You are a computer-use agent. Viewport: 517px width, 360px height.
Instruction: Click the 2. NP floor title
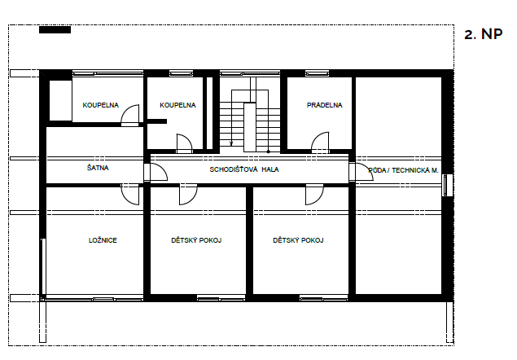(483, 34)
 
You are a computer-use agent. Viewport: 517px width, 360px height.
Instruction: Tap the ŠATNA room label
(98, 168)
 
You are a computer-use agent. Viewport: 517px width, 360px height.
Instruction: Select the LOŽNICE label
(103, 240)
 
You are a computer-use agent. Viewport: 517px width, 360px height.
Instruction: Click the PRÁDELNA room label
(324, 105)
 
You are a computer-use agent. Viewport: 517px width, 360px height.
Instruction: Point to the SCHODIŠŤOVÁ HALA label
(244, 169)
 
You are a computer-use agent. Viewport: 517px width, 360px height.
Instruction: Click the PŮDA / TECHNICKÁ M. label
(403, 170)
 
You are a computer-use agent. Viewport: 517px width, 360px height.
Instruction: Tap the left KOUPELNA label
(101, 105)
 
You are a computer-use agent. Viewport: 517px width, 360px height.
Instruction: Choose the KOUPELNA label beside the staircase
(177, 105)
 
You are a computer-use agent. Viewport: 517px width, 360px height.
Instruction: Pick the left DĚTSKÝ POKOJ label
(196, 240)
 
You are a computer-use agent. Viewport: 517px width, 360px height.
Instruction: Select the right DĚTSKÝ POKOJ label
(298, 240)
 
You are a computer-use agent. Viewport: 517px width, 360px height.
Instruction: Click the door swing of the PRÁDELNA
(320, 143)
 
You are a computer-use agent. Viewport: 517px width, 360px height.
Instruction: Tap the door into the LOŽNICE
(130, 195)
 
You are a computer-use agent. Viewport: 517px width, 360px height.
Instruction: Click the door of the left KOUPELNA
(130, 115)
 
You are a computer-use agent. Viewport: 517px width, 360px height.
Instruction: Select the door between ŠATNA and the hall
(156, 172)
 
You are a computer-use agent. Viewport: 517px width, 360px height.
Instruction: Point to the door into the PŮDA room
(361, 172)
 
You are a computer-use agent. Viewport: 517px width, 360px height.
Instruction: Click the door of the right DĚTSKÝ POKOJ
(314, 195)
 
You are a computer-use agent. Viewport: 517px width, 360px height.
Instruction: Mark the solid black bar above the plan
(55, 29)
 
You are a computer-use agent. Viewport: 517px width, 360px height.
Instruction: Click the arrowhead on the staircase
(231, 143)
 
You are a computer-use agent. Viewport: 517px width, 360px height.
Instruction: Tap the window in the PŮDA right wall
(448, 185)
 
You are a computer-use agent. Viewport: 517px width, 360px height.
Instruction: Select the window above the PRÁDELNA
(317, 73)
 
